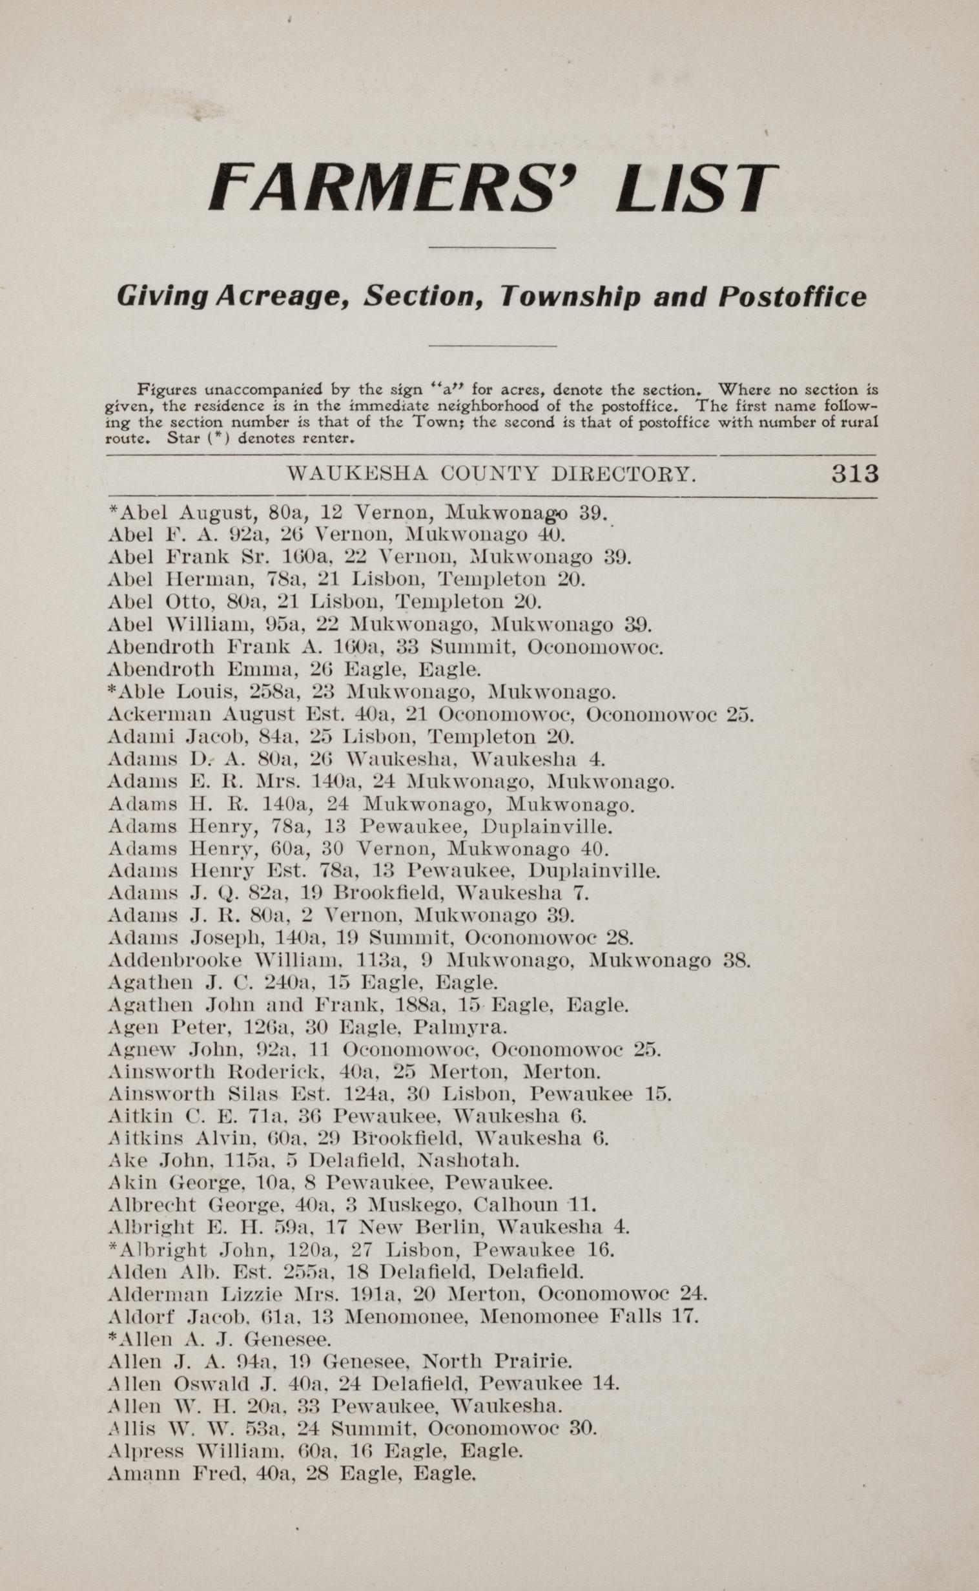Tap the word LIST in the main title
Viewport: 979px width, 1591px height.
pos(694,187)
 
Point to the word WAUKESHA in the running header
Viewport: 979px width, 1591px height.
pos(357,475)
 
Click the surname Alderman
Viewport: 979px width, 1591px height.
pos(158,1295)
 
